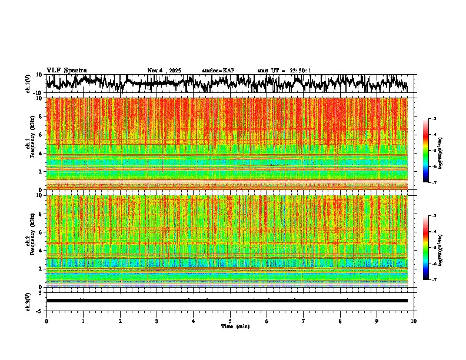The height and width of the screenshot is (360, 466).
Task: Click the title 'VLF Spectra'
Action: (x=66, y=70)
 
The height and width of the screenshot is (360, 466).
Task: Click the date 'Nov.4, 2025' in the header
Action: (x=164, y=71)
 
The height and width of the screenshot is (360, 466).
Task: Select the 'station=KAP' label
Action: (x=218, y=71)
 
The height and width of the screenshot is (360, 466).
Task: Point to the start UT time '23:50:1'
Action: (x=299, y=71)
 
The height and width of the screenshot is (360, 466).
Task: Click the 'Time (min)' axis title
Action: (x=235, y=326)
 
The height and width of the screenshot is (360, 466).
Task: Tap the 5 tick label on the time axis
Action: (x=231, y=321)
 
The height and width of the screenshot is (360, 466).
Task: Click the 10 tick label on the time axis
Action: (x=414, y=321)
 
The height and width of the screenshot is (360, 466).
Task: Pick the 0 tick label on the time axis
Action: (x=46, y=321)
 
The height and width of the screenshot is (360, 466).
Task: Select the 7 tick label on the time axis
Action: (x=304, y=321)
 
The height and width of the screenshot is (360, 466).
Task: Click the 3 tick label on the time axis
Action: (x=157, y=321)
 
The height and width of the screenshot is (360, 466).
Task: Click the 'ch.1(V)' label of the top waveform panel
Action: (x=28, y=84)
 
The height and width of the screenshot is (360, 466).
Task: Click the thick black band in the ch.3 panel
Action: (x=227, y=301)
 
